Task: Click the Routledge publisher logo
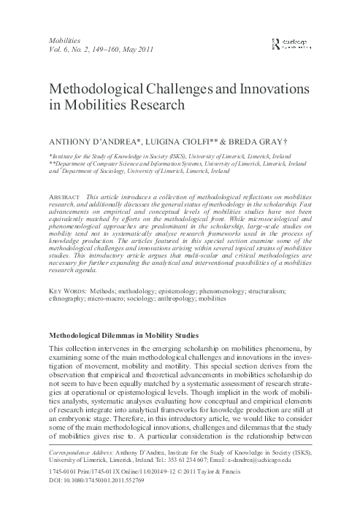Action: pos(292,43)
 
